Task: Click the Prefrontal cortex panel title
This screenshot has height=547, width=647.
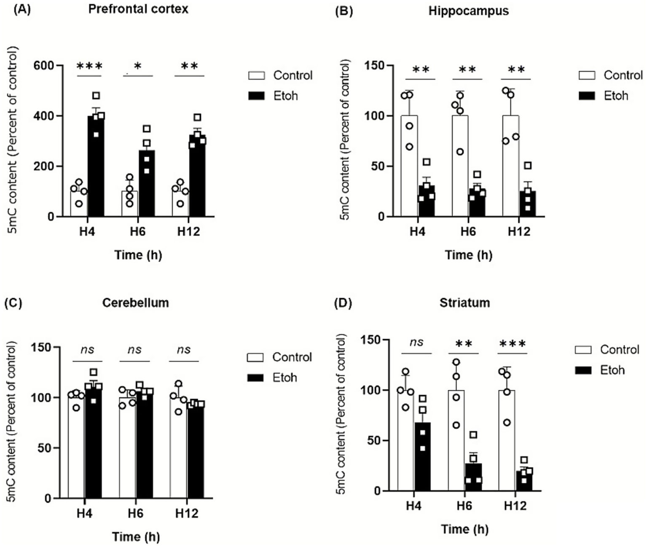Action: [138, 9]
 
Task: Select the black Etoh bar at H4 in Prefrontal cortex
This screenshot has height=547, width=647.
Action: [96, 169]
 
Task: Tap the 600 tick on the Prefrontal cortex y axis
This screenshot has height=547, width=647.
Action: [44, 66]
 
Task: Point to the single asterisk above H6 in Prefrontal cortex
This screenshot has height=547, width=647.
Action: [138, 67]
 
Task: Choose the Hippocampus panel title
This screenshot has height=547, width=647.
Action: [468, 11]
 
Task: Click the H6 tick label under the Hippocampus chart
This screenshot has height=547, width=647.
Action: [468, 231]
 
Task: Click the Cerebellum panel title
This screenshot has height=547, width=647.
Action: [135, 303]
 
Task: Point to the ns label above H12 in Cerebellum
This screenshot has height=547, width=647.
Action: [184, 349]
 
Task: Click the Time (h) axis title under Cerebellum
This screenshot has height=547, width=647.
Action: [136, 536]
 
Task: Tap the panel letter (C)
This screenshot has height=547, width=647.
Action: [13, 303]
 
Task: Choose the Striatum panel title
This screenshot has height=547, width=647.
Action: [464, 303]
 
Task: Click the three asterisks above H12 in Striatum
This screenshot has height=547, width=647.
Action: [512, 344]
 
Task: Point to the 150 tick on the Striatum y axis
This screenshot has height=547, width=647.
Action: [371, 340]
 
